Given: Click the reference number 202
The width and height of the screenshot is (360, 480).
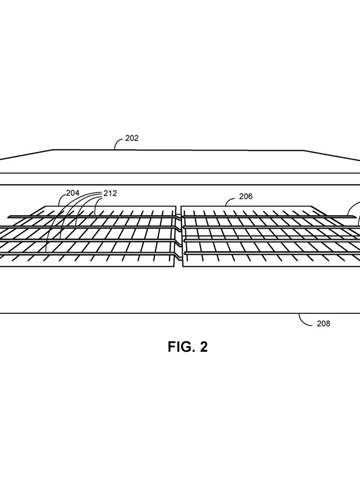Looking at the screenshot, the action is click(x=132, y=138).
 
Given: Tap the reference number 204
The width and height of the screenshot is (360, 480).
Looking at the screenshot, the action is click(x=73, y=193).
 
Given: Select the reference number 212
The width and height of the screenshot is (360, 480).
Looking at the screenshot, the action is click(x=110, y=193).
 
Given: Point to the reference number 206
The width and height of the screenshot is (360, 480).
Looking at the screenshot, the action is click(x=246, y=196).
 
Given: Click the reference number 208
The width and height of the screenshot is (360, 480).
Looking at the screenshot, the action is click(x=323, y=324).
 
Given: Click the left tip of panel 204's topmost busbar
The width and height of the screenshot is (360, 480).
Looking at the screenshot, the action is click(x=8, y=217).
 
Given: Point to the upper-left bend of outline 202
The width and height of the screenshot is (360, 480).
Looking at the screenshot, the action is click(x=53, y=150).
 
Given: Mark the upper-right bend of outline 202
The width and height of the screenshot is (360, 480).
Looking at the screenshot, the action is click(x=304, y=150).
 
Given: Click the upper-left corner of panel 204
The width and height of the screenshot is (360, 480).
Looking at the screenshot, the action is click(x=46, y=206).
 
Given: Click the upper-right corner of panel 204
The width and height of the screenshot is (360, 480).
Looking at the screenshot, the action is click(x=176, y=206).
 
